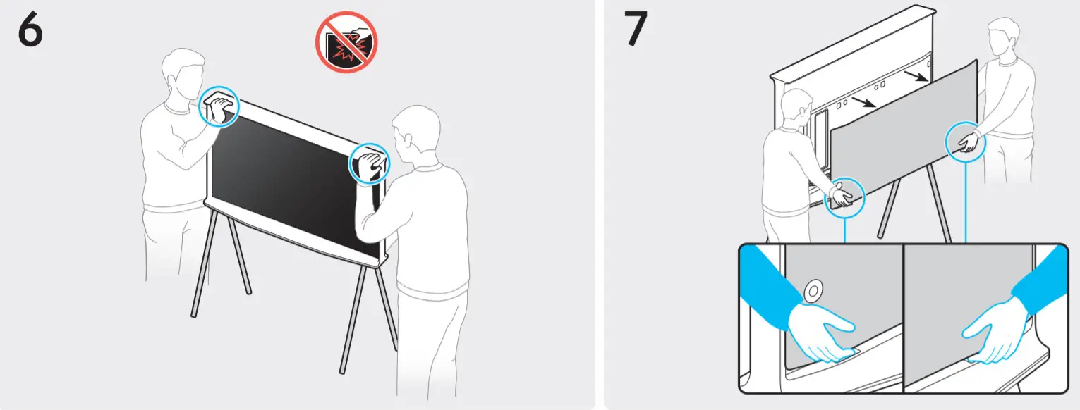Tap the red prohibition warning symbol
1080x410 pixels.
click(x=346, y=42)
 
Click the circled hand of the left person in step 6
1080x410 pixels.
click(x=219, y=107)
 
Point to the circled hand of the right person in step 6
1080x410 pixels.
click(x=370, y=164)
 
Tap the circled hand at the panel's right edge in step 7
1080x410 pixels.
click(x=965, y=142)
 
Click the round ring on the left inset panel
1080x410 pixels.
click(x=812, y=289)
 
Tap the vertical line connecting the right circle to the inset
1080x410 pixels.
click(x=965, y=204)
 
